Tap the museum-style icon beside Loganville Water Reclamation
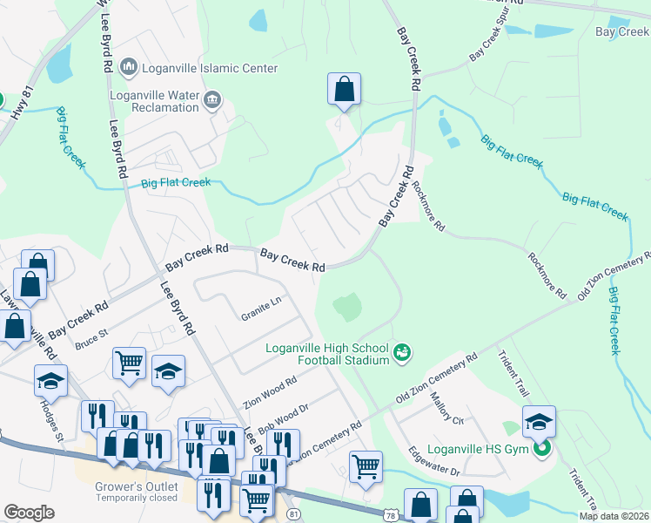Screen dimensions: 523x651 pyautogui.click(x=211, y=102)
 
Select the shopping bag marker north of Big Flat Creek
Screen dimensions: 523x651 pyautogui.click(x=344, y=89)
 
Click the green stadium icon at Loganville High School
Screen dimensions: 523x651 pyautogui.click(x=402, y=353)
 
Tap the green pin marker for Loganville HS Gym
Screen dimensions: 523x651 pyautogui.click(x=542, y=449)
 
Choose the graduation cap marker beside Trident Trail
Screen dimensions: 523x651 pyautogui.click(x=539, y=422)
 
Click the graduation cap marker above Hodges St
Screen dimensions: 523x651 pyautogui.click(x=50, y=380)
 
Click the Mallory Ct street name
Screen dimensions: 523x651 pyautogui.click(x=449, y=408)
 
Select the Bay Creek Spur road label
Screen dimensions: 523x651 pyautogui.click(x=489, y=42)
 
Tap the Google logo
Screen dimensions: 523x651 pyautogui.click(x=30, y=512)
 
